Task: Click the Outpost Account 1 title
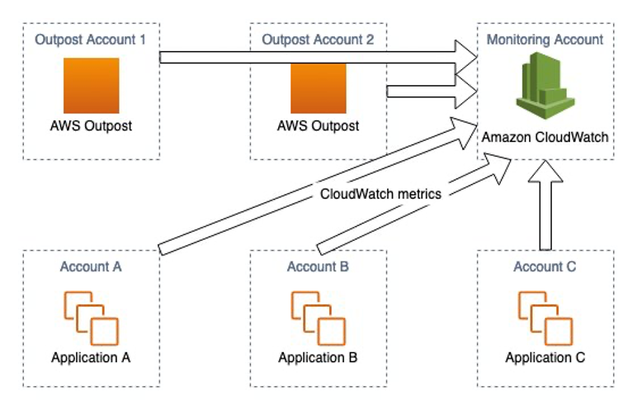91,39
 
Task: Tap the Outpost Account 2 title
318,39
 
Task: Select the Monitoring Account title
545,39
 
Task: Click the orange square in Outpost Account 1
91,85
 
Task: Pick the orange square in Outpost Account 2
318,85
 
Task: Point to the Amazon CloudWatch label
545,136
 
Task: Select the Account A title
91,266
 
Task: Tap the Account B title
318,266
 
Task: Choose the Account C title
545,266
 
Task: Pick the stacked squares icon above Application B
317,318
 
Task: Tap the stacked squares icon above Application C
544,318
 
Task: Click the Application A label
91,358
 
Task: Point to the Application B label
318,358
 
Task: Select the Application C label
545,358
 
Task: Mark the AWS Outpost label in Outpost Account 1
91,126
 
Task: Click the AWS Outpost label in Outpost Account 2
318,126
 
